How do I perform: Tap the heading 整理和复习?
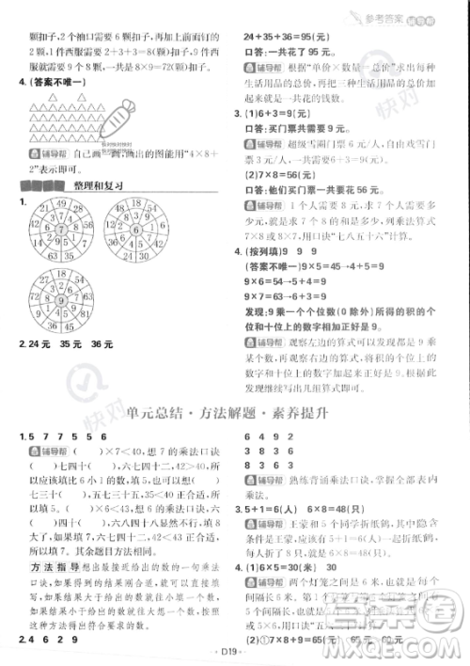pos(98,185)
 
